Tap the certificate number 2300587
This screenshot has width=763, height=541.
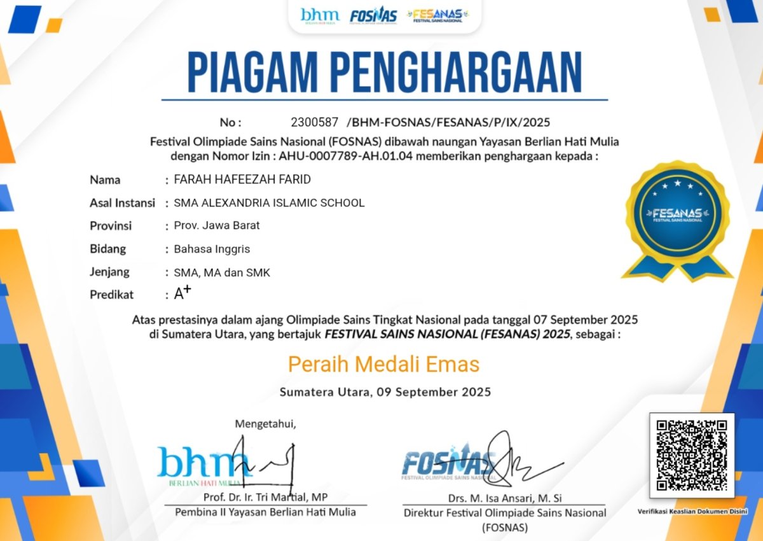[x=314, y=122]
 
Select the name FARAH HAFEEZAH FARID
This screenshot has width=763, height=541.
[x=242, y=179]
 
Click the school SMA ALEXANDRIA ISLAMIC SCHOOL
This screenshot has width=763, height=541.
[x=269, y=203]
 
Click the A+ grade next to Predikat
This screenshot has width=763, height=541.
[x=182, y=293]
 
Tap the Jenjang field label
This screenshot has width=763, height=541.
[x=109, y=272]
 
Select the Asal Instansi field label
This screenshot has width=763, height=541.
[x=122, y=203]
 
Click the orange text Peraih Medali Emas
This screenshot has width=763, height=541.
[x=383, y=364]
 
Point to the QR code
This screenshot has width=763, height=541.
[x=691, y=455]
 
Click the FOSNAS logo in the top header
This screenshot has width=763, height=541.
[x=373, y=16]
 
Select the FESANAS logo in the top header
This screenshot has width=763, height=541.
[x=437, y=15]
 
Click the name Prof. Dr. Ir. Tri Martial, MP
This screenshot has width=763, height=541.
[x=265, y=497]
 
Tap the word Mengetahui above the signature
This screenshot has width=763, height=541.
[x=265, y=423]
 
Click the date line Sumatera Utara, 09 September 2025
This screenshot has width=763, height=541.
[x=385, y=392]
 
